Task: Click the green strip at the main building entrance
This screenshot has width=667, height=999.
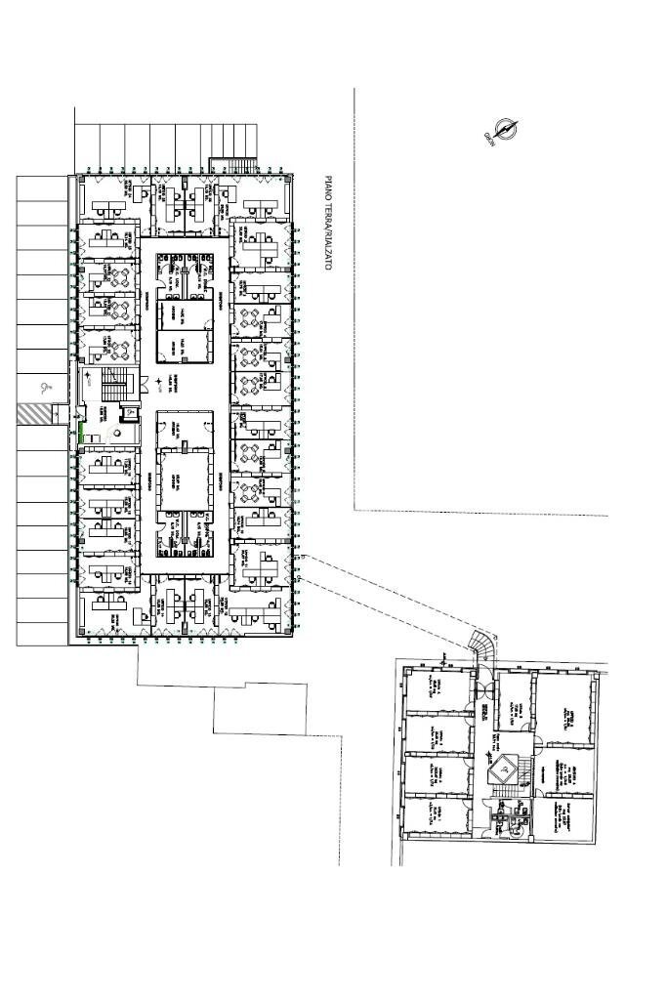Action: pos(82,438)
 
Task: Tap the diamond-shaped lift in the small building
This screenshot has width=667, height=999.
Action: pos(505,767)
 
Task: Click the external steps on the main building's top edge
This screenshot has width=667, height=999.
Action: pos(237,165)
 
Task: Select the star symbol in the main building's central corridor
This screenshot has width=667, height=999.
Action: pos(157,381)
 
